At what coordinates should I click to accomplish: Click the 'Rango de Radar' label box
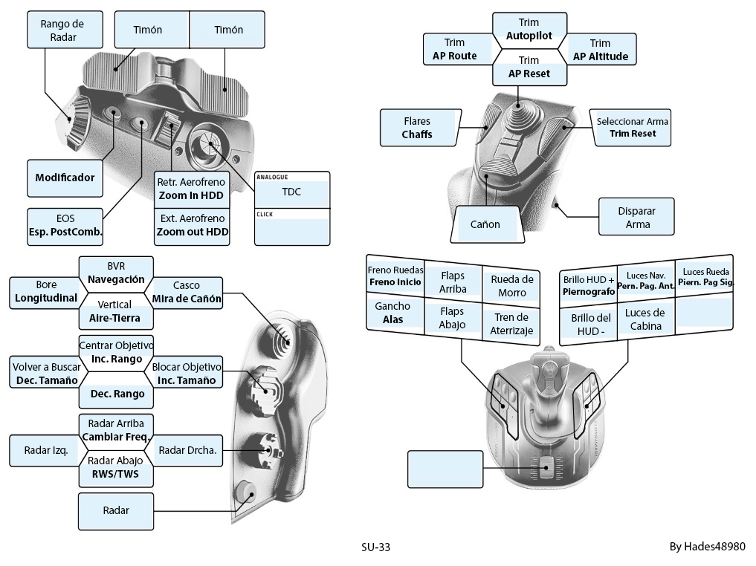[x=62, y=30]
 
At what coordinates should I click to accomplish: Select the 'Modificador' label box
[x=65, y=178]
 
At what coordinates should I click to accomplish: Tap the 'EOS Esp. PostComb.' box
[x=65, y=226]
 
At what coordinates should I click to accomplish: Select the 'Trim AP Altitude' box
[x=600, y=50]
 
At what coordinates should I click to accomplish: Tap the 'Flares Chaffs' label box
[x=416, y=128]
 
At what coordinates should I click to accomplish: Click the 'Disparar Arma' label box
[x=637, y=217]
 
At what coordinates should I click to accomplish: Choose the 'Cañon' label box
[x=485, y=224]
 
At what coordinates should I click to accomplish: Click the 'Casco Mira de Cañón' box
[x=186, y=293]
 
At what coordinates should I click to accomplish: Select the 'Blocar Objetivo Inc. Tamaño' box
[x=186, y=374]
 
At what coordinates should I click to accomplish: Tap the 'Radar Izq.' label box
[x=46, y=450]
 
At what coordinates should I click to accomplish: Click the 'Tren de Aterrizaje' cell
[x=511, y=325]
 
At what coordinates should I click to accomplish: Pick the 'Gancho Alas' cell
[x=392, y=313]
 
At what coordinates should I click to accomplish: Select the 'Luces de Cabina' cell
[x=644, y=319]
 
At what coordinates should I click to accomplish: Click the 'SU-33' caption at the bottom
[x=375, y=547]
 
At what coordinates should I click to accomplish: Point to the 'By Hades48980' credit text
[x=707, y=547]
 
